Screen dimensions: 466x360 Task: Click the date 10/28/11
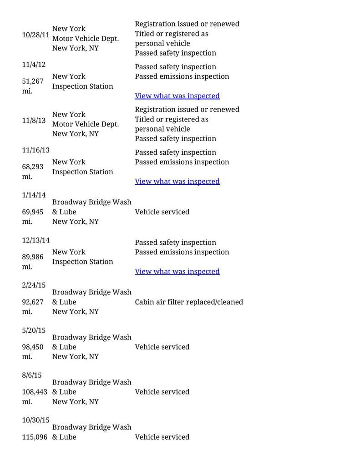35,35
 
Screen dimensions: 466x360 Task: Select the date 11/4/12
34,64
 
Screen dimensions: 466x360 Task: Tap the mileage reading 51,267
33,81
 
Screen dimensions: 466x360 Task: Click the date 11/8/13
34,121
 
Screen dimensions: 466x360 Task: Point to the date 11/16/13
35,150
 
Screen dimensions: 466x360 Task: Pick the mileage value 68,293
33,167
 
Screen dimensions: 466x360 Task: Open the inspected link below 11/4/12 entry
177,96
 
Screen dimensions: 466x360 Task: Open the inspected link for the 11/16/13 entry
177,181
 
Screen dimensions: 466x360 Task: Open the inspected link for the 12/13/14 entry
177,271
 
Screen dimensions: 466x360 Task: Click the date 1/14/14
34,195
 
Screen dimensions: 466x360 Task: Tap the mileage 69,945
33,212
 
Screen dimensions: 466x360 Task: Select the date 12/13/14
35,240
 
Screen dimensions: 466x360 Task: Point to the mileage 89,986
33,257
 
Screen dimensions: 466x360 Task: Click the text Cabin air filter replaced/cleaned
189,302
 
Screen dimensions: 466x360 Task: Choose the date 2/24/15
34,285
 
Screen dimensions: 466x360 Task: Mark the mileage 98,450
33,347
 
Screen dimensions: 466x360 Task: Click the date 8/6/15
32,375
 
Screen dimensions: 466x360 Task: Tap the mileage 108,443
35,392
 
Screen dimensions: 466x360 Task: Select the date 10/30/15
35,420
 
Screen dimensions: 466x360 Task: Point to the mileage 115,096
35,437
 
